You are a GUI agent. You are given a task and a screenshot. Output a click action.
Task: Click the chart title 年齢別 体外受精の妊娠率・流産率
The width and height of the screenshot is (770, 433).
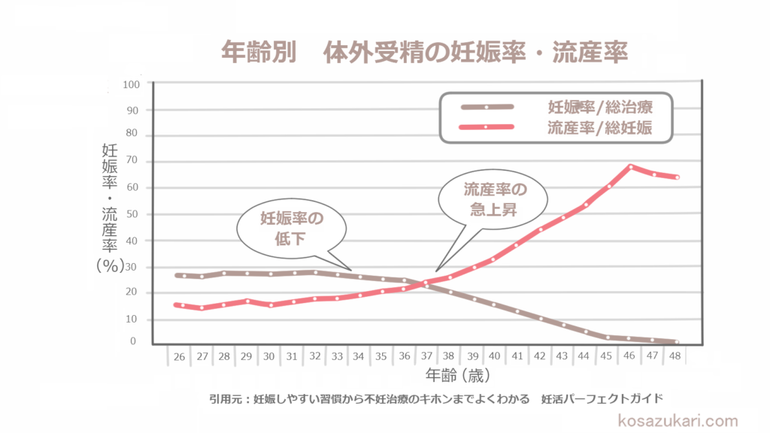click(425, 53)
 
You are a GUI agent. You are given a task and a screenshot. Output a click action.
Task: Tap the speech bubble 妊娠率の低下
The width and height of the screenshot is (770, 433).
click(291, 229)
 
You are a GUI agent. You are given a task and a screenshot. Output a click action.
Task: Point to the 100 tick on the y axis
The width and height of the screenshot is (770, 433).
click(131, 84)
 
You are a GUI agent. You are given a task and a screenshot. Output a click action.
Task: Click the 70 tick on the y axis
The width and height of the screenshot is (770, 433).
click(133, 161)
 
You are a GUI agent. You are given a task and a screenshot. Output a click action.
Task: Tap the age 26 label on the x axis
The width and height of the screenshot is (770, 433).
click(179, 356)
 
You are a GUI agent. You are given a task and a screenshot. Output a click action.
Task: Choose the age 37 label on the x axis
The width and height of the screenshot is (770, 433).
click(426, 356)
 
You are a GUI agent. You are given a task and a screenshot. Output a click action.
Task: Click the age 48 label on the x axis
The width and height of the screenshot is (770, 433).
click(676, 356)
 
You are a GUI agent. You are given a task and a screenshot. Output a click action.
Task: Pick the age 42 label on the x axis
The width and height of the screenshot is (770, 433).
click(539, 356)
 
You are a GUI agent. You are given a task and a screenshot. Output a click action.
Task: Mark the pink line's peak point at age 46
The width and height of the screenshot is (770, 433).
click(631, 166)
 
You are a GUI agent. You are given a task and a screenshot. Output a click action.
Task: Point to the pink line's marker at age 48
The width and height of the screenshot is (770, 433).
click(676, 177)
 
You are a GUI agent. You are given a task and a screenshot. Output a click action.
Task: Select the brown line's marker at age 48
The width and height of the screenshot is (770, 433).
click(676, 342)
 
